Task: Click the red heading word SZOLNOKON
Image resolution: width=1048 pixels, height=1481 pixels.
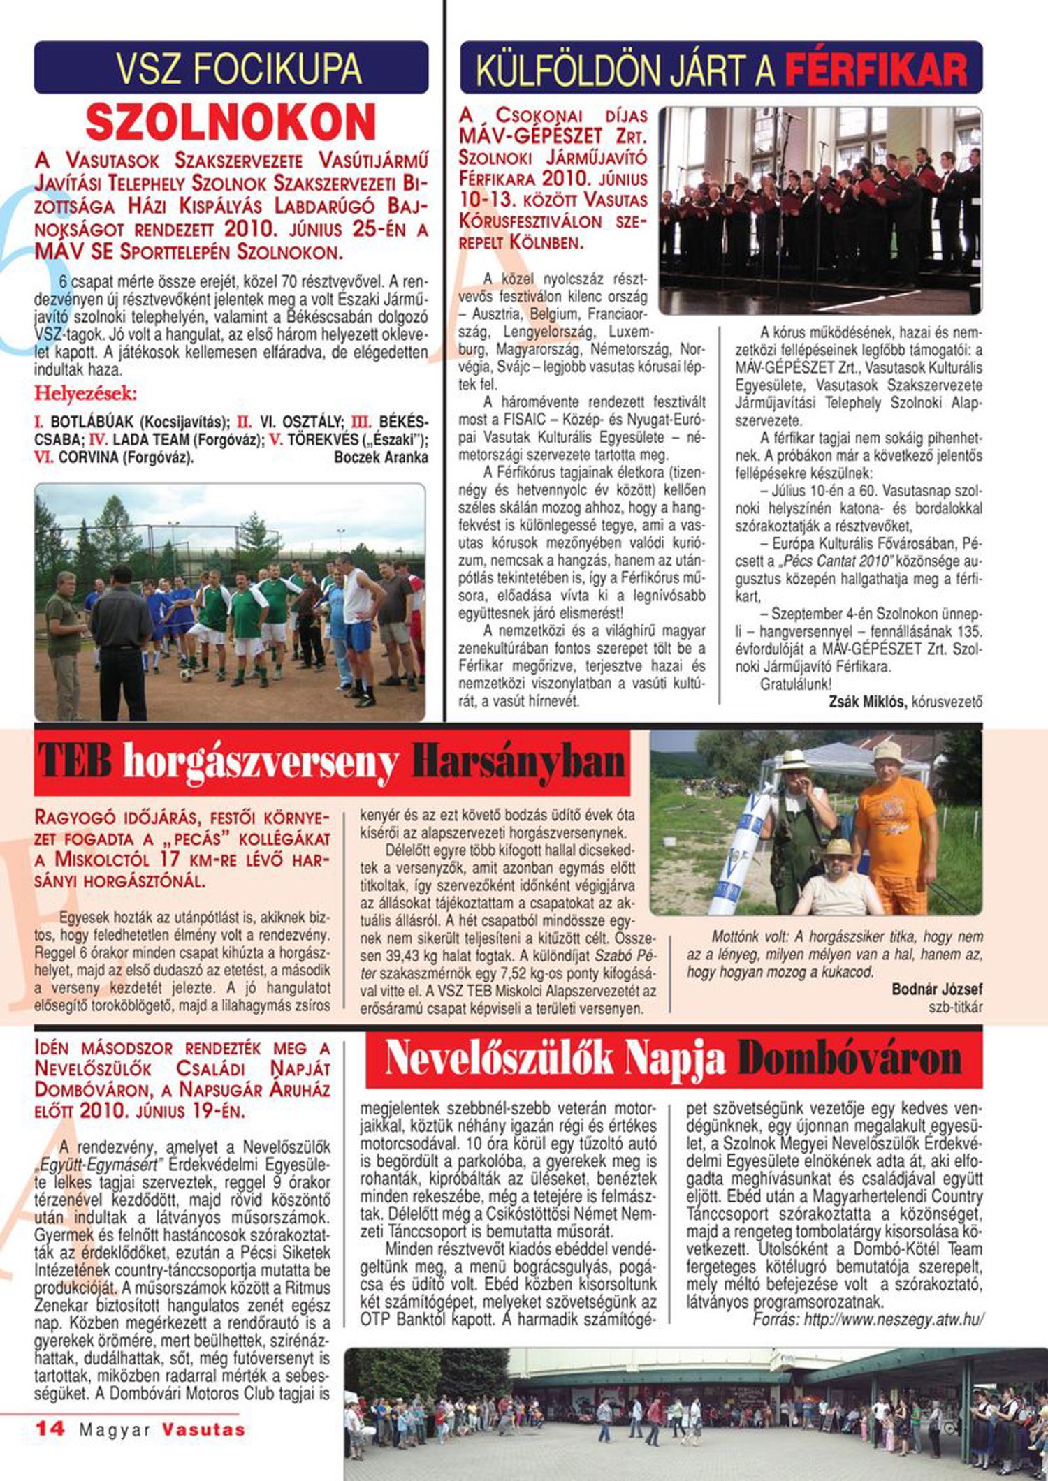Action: tap(231, 123)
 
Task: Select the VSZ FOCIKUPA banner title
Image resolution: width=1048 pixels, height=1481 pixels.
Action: tap(238, 68)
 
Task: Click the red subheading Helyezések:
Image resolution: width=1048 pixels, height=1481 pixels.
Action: tap(86, 394)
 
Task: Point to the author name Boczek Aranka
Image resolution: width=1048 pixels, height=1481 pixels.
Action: tap(381, 458)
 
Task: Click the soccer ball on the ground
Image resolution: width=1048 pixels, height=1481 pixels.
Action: tap(186, 675)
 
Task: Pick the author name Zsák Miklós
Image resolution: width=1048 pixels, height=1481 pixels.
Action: tap(866, 702)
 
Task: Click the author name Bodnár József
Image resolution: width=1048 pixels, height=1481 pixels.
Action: tap(937, 989)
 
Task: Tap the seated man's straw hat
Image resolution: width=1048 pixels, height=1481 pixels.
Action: tap(838, 848)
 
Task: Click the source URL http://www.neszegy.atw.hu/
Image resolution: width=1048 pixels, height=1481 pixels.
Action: tap(894, 1320)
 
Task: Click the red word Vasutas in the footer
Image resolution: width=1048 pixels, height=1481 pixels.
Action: tap(203, 1429)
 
